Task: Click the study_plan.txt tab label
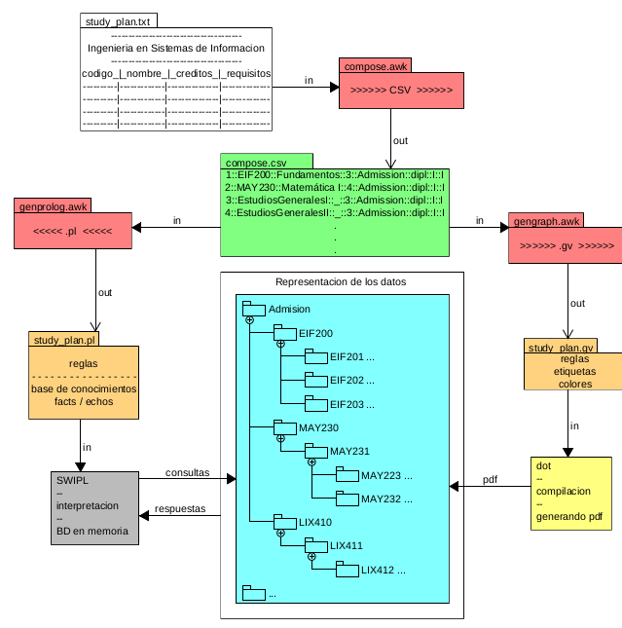(x=117, y=20)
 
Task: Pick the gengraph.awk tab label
(x=547, y=221)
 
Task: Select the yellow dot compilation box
(x=571, y=493)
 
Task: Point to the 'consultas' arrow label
(x=187, y=472)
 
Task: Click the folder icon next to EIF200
(x=284, y=332)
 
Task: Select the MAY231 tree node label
(x=349, y=451)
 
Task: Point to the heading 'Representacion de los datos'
(x=341, y=281)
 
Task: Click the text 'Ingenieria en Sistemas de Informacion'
(x=176, y=47)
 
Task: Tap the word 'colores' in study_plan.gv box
(x=573, y=383)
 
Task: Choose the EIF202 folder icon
(x=315, y=380)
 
